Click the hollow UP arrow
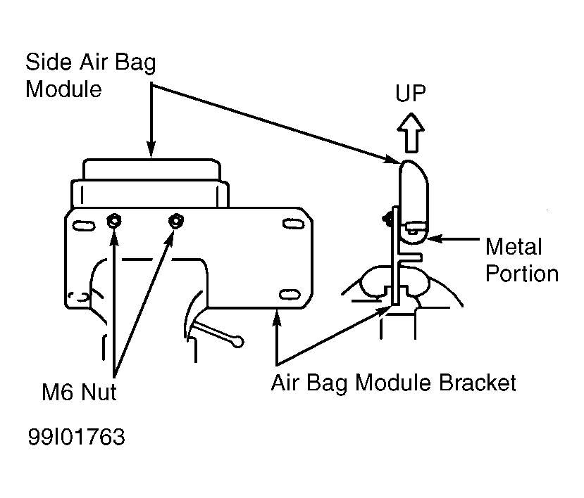point(411,133)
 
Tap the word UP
point(411,94)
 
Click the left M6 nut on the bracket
point(113,221)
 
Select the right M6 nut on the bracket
point(175,221)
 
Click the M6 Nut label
point(79,392)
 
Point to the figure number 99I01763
point(77,437)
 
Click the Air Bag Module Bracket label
point(393,383)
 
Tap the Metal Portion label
point(522,260)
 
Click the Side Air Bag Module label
point(90,75)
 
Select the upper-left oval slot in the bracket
point(83,226)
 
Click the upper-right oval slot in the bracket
point(294,224)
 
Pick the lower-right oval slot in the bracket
point(290,295)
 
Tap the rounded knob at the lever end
point(237,342)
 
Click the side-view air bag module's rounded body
point(414,202)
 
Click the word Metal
point(514,246)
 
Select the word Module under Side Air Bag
point(63,89)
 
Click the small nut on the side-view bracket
point(387,219)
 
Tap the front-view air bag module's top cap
point(151,170)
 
